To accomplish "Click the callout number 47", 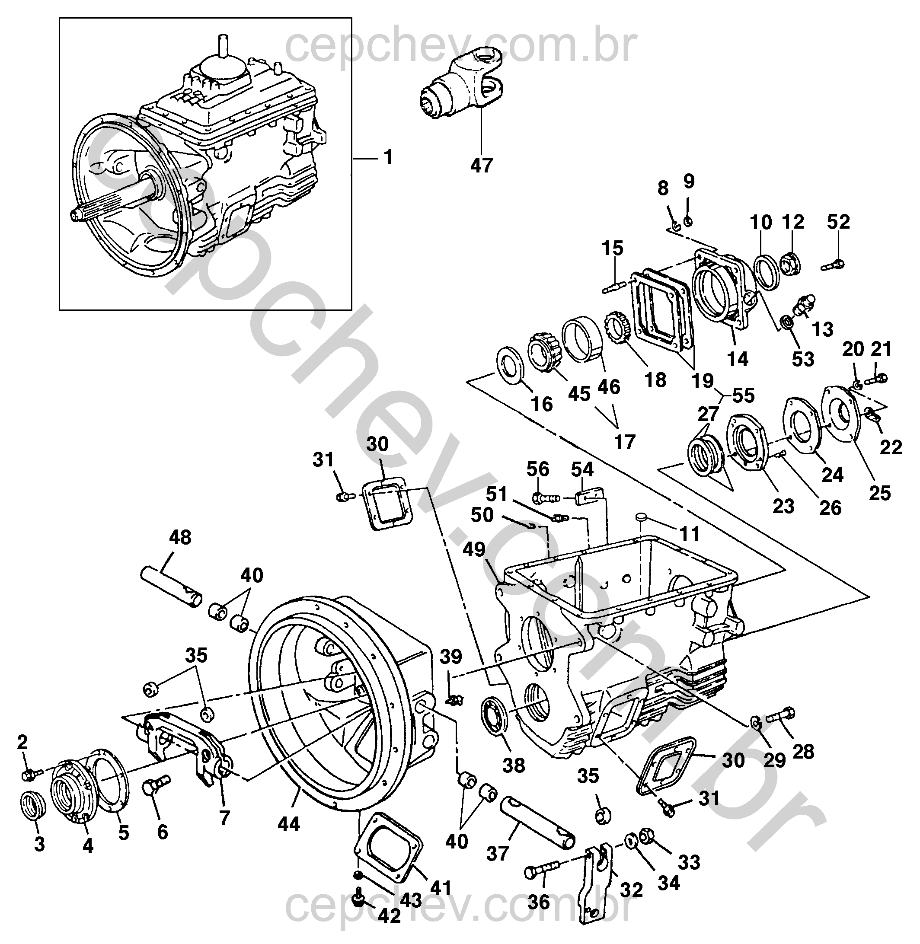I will (x=481, y=165).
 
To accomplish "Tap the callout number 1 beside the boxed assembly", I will (x=388, y=157).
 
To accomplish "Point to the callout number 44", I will (x=288, y=824).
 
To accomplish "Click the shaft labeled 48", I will (x=171, y=587).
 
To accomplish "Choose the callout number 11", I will (x=690, y=534).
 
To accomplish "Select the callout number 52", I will (x=838, y=221).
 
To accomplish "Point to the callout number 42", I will (x=390, y=916).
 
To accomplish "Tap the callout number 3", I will (x=39, y=844).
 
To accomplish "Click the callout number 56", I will (x=538, y=469).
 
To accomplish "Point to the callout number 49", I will (x=474, y=549).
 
